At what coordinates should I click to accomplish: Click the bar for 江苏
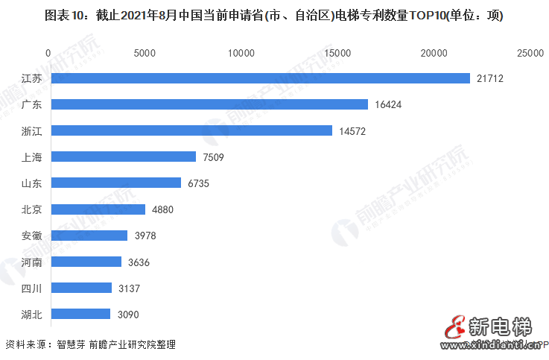pyautogui.click(x=259, y=78)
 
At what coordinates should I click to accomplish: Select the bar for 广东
pyautogui.click(x=209, y=104)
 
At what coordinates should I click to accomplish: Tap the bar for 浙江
pyautogui.click(x=191, y=130)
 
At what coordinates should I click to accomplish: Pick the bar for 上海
pyautogui.click(x=122, y=157)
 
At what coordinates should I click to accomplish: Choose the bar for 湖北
pyautogui.click(x=80, y=314)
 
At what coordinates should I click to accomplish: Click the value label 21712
pyautogui.click(x=492, y=78)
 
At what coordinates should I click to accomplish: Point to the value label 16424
pyautogui.click(x=389, y=104)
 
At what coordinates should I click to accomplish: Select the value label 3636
pyautogui.click(x=141, y=262)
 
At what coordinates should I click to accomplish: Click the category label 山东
pyautogui.click(x=31, y=183)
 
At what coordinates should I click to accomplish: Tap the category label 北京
pyautogui.click(x=31, y=209)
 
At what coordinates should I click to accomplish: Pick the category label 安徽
pyautogui.click(x=31, y=236)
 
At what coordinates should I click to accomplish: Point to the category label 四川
pyautogui.click(x=31, y=288)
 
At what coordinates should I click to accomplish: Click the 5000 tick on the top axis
pyautogui.click(x=145, y=53)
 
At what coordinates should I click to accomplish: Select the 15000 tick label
pyautogui.click(x=337, y=53)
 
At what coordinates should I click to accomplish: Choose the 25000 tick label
pyautogui.click(x=530, y=53)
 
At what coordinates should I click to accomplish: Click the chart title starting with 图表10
pyautogui.click(x=275, y=16)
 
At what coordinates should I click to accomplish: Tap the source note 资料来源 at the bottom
pyautogui.click(x=90, y=345)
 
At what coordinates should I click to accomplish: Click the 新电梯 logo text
pyautogui.click(x=500, y=326)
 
